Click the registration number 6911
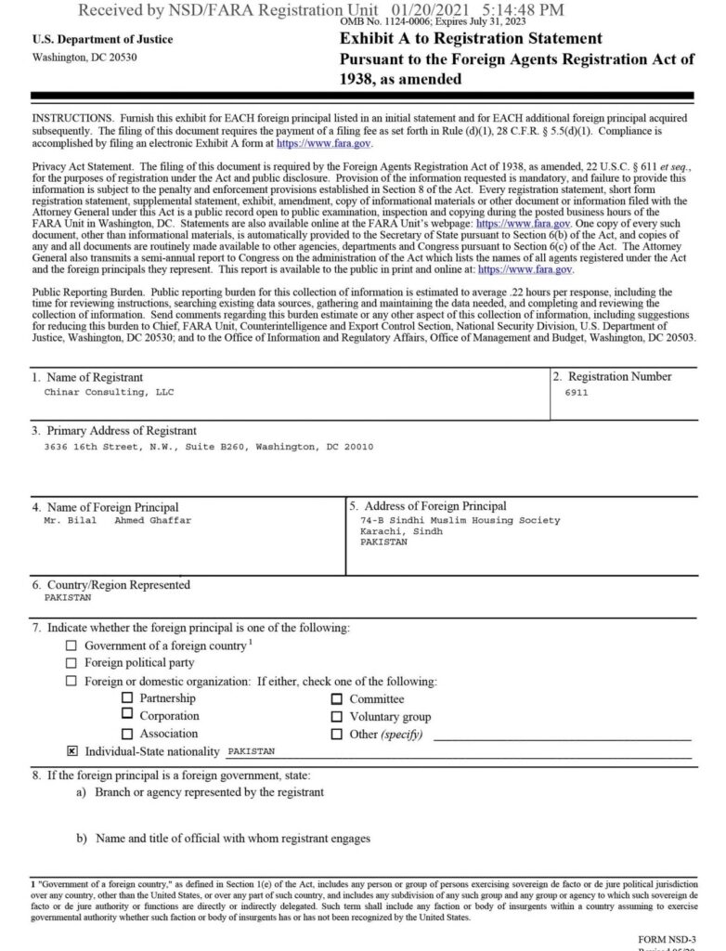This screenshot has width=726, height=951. [x=576, y=393]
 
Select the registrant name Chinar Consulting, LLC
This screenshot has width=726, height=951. [x=109, y=393]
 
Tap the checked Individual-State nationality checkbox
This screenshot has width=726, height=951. [x=71, y=750]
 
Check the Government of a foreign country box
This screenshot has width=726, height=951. [x=71, y=645]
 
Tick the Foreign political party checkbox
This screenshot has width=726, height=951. [x=71, y=663]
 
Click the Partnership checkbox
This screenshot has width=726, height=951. [x=127, y=698]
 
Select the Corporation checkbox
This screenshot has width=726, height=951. [x=127, y=716]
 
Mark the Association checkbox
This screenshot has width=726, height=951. [x=127, y=734]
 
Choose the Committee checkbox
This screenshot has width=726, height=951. [x=337, y=699]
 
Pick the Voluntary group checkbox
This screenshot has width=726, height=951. [x=337, y=717]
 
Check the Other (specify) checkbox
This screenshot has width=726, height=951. [x=337, y=735]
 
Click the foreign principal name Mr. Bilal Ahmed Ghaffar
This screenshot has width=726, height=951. [x=118, y=521]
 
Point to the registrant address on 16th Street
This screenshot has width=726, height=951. [x=209, y=447]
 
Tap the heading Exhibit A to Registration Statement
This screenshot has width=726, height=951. [x=471, y=39]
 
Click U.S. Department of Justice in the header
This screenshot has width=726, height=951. [x=102, y=40]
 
